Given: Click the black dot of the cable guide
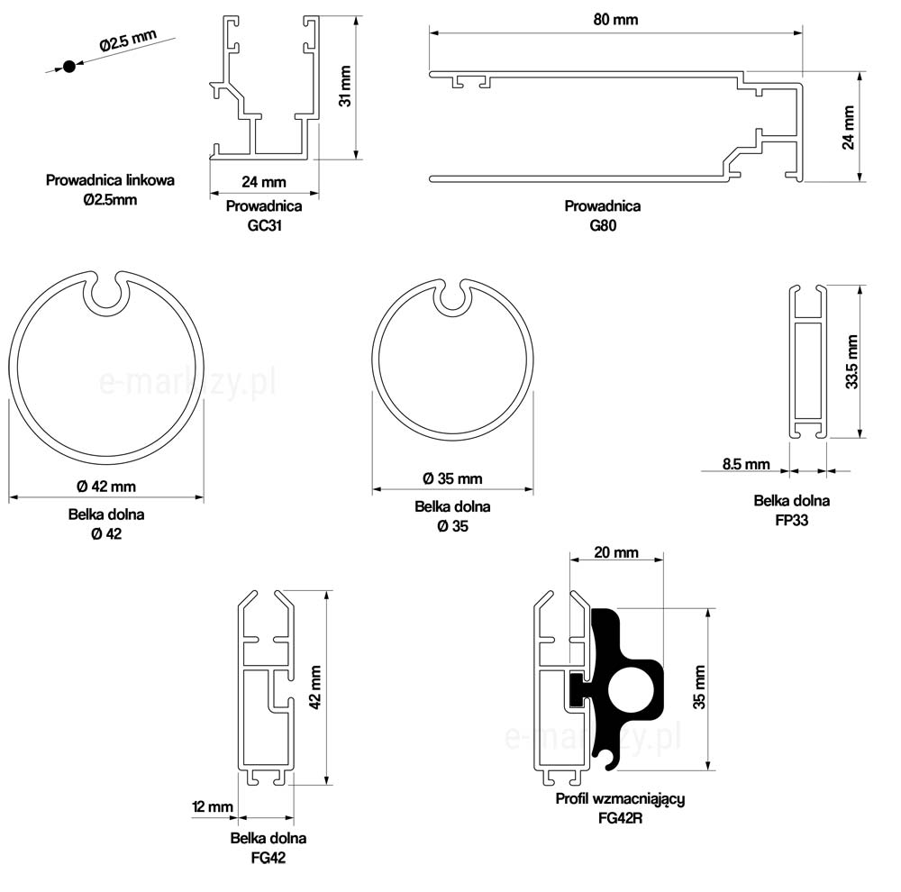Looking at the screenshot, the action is (69, 67).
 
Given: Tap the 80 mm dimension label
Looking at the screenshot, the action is (615, 20).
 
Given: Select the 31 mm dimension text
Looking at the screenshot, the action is (345, 86).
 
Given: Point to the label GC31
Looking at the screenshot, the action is (264, 225).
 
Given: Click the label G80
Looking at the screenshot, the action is (603, 225).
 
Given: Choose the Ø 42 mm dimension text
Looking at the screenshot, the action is (106, 487).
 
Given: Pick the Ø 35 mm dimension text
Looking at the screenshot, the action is (452, 478).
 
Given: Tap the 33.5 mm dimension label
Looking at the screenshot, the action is (851, 362).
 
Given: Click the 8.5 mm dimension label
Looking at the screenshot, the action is (746, 464).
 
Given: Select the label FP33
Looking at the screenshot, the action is (792, 520).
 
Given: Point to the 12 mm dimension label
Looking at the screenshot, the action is (212, 807).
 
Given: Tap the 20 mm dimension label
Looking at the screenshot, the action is (616, 552).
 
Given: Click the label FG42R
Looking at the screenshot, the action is (620, 818).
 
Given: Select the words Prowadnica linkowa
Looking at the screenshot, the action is (110, 180).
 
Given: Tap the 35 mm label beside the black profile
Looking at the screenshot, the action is (699, 687).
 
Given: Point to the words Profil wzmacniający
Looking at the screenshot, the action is (620, 799).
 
